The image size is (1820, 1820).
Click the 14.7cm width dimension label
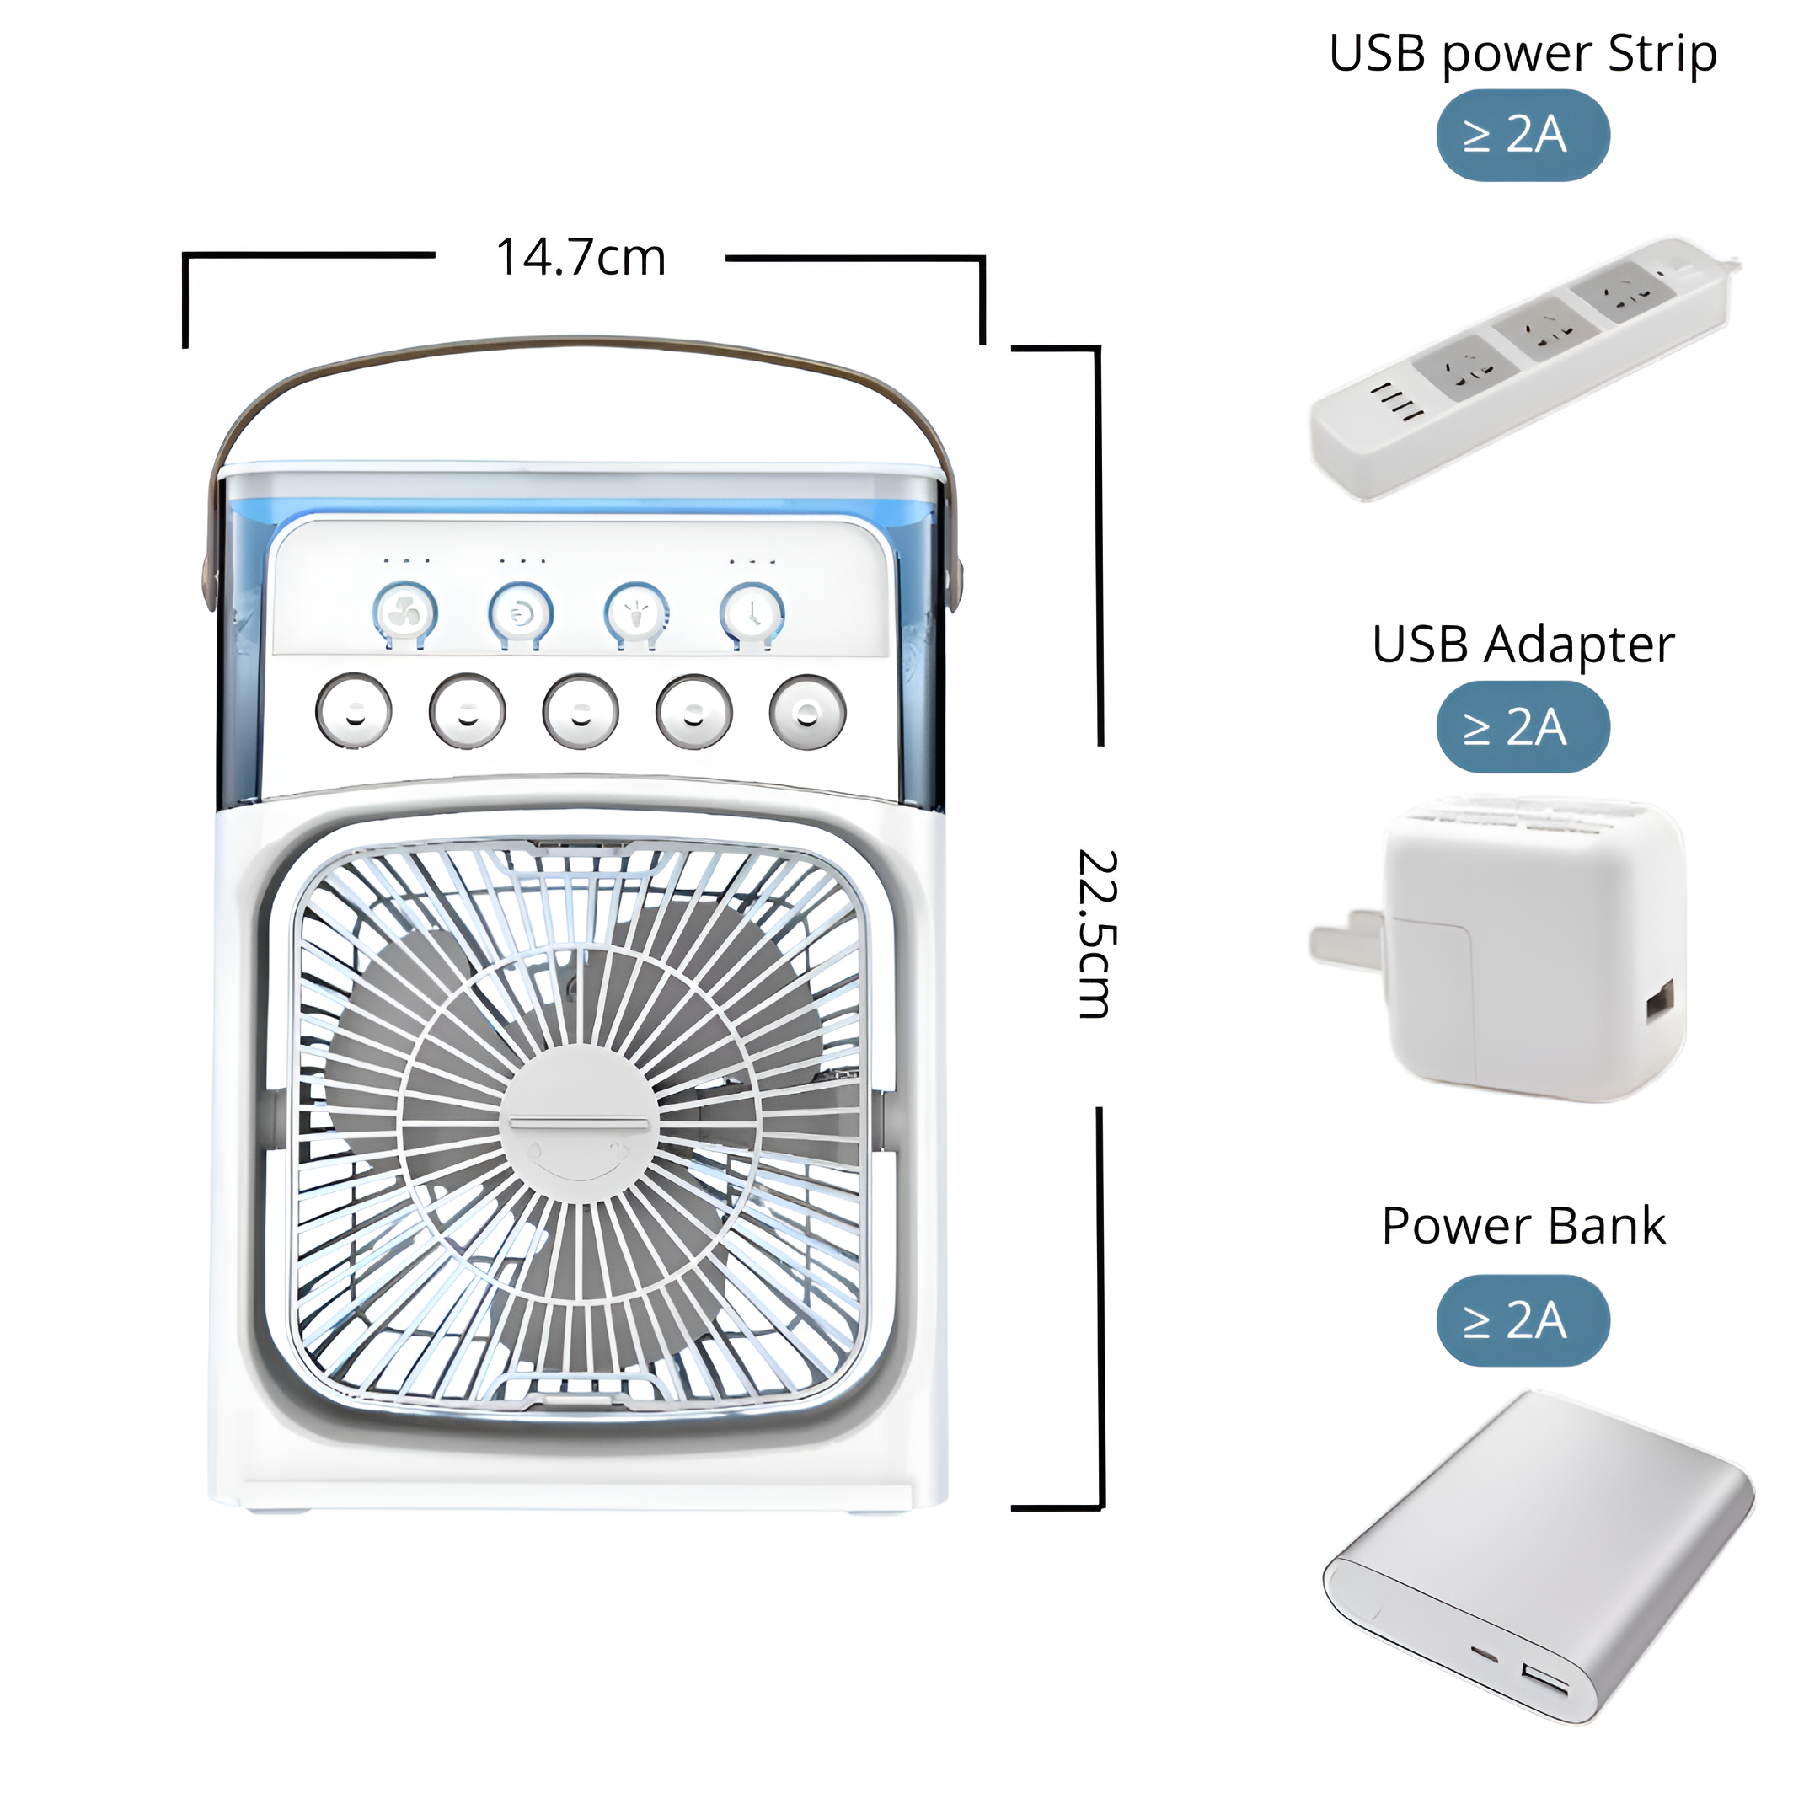point(581,257)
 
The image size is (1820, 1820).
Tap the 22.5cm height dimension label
point(1097,934)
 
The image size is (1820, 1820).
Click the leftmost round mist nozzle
point(353,710)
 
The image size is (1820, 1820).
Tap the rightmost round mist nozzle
point(807,711)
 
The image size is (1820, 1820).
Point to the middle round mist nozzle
point(581,711)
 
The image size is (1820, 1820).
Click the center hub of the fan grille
point(578,1124)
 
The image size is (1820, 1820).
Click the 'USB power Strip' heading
point(1523,55)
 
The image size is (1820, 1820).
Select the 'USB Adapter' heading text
point(1523,645)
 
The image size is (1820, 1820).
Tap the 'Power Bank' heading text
point(1523,1226)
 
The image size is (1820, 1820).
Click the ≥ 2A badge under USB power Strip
point(1523,136)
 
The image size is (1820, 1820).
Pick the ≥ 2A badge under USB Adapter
point(1523,727)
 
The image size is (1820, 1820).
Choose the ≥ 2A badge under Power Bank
point(1523,1320)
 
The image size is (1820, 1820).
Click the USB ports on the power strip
point(1396,401)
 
